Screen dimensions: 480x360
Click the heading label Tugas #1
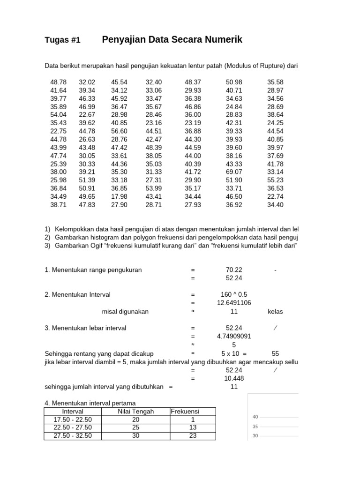click(62, 40)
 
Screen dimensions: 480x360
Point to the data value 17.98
click(119, 196)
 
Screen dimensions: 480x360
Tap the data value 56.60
click(119, 131)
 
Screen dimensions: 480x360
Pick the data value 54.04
click(58, 114)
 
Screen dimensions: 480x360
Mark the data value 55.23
click(275, 180)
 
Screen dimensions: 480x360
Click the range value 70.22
click(234, 270)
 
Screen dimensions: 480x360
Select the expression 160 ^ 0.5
click(234, 295)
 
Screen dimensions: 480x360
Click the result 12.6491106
click(234, 303)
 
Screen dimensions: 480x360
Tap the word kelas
click(275, 311)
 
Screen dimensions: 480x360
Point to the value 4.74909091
click(234, 336)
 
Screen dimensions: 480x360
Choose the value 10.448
click(234, 378)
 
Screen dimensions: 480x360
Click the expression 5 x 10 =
click(234, 353)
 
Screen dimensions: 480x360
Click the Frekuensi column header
click(185, 411)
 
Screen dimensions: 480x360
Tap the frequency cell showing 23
click(192, 435)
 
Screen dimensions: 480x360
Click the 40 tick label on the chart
click(255, 417)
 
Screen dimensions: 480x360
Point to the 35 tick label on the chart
click(255, 427)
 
